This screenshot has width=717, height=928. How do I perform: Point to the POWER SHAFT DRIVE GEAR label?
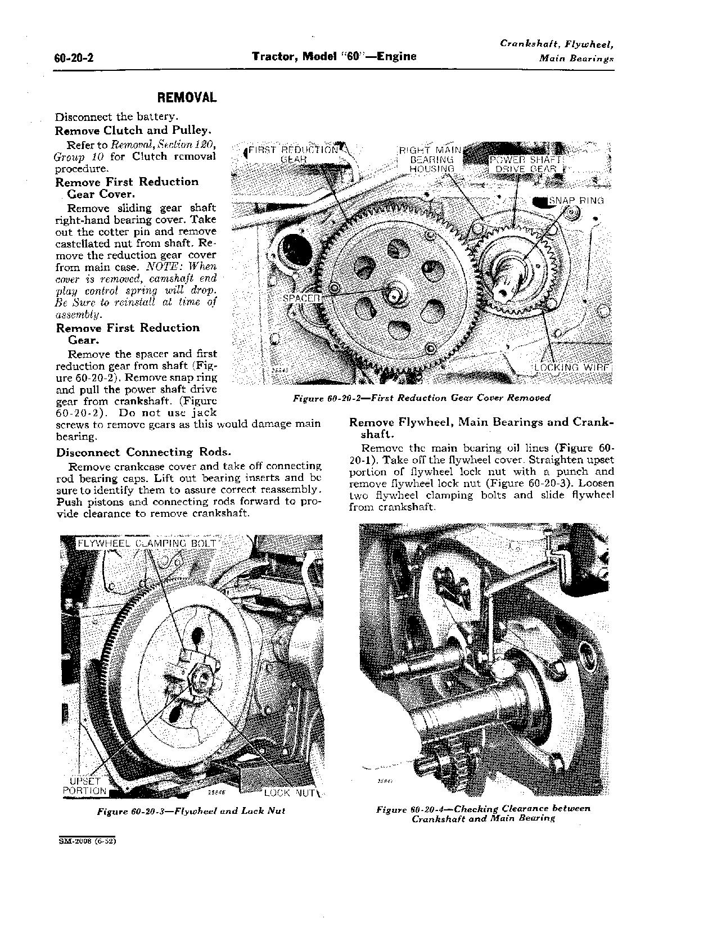pyautogui.click(x=524, y=164)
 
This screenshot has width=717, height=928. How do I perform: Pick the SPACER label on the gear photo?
pyautogui.click(x=301, y=297)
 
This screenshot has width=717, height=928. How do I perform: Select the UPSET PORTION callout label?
pyautogui.click(x=85, y=786)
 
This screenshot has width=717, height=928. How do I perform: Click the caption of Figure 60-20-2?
pyautogui.click(x=421, y=398)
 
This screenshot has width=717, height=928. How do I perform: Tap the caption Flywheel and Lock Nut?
pyautogui.click(x=191, y=811)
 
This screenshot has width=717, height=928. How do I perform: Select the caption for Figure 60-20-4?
pyautogui.click(x=483, y=813)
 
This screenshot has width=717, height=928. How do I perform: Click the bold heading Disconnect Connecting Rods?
pyautogui.click(x=143, y=452)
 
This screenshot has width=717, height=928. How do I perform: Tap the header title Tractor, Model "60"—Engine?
pyautogui.click(x=334, y=56)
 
